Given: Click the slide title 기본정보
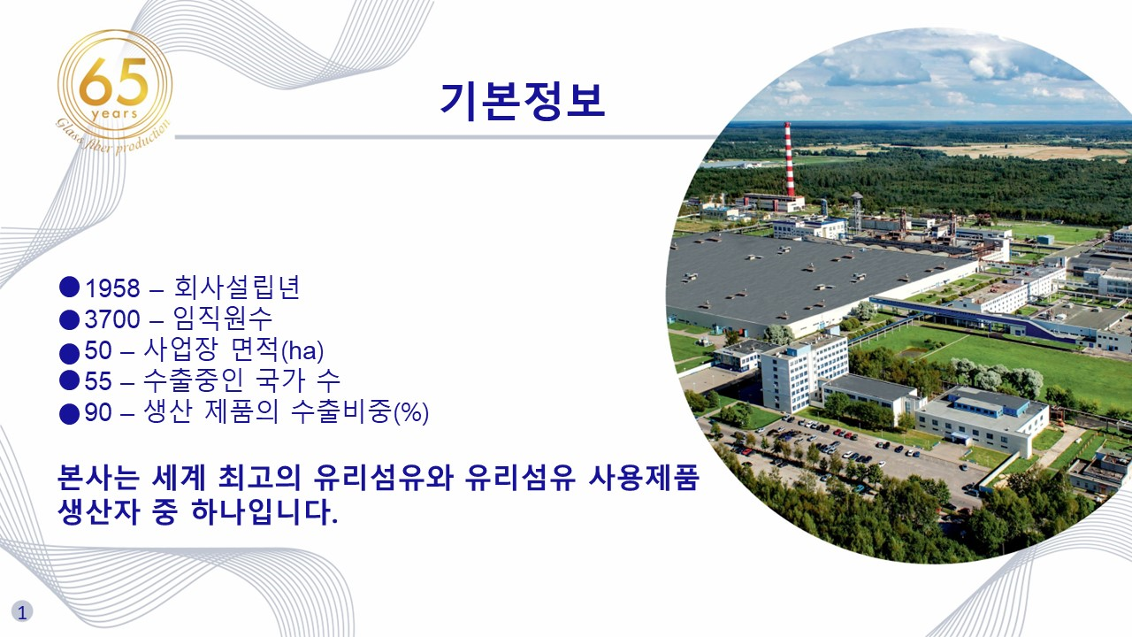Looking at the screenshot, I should coord(522,101).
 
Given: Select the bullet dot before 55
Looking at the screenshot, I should coord(70,380).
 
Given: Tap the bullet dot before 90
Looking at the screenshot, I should coord(70,412).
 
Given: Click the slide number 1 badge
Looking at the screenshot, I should coord(22,610).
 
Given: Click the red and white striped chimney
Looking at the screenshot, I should coord(789,159).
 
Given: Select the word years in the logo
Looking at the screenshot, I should coord(113,114).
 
